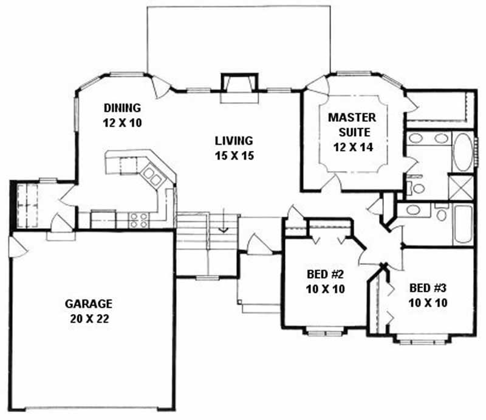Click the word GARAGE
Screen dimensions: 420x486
tap(89, 303)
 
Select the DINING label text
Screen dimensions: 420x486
tap(122, 108)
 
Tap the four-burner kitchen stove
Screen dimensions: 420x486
tap(139, 219)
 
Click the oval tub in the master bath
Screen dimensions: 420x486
tap(461, 152)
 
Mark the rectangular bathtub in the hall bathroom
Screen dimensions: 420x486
tap(462, 224)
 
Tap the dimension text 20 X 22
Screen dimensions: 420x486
tap(89, 317)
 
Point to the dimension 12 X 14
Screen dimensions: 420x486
tap(352, 146)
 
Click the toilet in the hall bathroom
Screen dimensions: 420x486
tap(442, 212)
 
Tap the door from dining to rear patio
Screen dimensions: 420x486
tap(162, 87)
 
